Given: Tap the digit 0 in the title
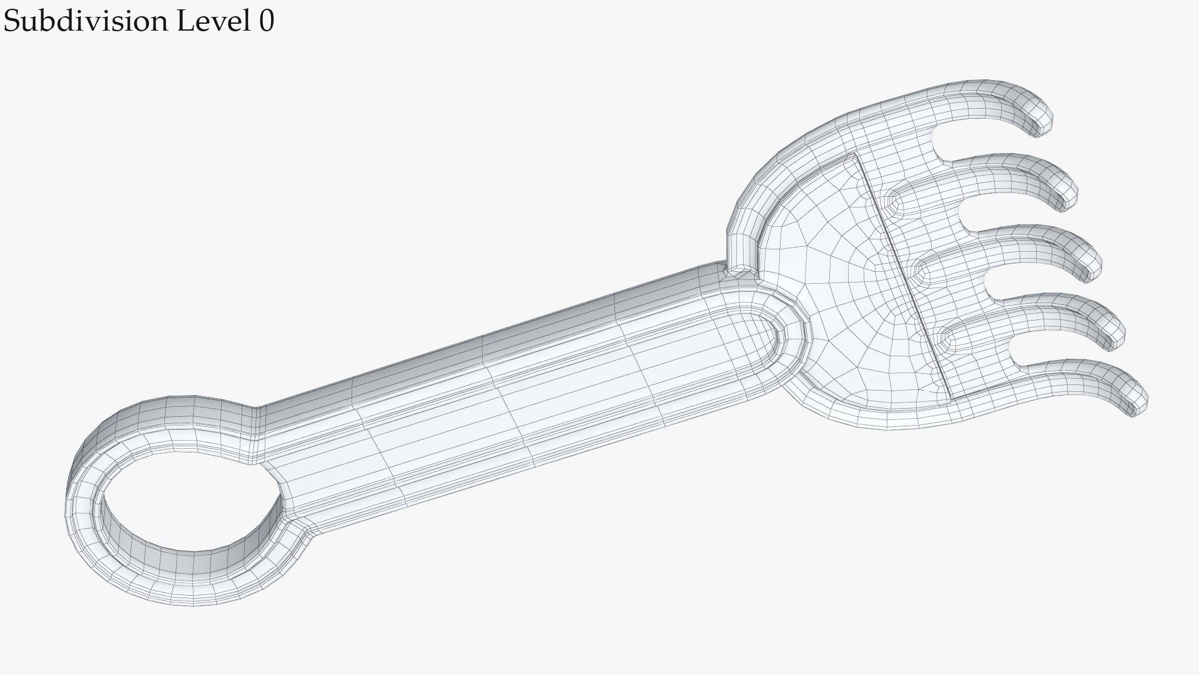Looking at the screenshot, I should [x=266, y=22].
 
